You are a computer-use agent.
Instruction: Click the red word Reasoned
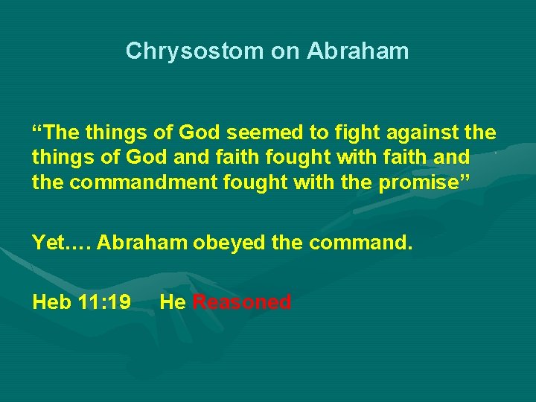coord(241,302)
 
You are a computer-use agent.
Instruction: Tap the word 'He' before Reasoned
coord(173,302)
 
